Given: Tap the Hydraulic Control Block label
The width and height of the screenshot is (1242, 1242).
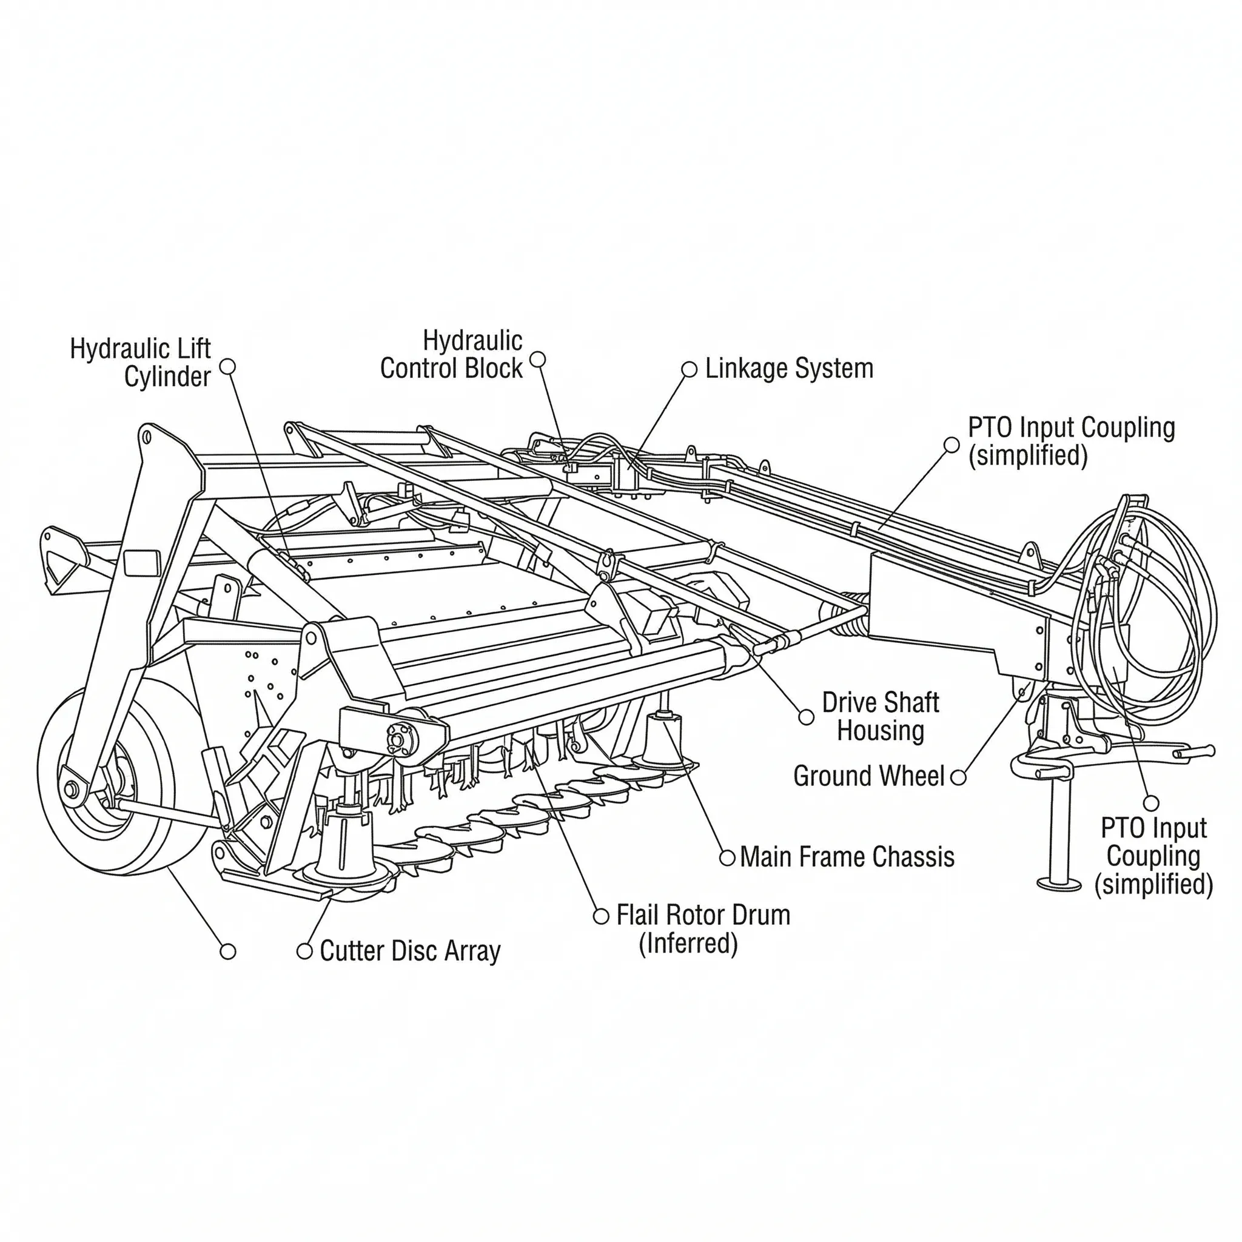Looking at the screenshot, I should point(451,355).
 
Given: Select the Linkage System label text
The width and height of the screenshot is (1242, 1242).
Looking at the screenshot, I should point(789,369).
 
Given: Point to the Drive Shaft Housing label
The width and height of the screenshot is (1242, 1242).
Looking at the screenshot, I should point(880,717).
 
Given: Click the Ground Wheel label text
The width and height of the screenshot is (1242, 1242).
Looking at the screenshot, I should point(868,777).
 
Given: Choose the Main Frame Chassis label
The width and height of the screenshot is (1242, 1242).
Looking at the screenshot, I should point(847,858).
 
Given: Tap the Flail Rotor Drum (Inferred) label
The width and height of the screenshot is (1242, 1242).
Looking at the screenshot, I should point(703,929).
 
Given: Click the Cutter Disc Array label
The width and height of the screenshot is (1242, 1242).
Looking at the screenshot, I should point(409,952).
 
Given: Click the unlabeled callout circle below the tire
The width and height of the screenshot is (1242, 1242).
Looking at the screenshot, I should point(227,952).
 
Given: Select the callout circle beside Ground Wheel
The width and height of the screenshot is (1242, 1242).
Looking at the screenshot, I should point(958,777).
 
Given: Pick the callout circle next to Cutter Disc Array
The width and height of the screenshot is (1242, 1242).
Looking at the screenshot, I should point(304,951).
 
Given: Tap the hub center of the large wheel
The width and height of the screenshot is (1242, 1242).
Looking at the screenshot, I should point(71,788).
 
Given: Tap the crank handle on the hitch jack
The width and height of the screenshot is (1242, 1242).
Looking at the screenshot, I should point(1196,751).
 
